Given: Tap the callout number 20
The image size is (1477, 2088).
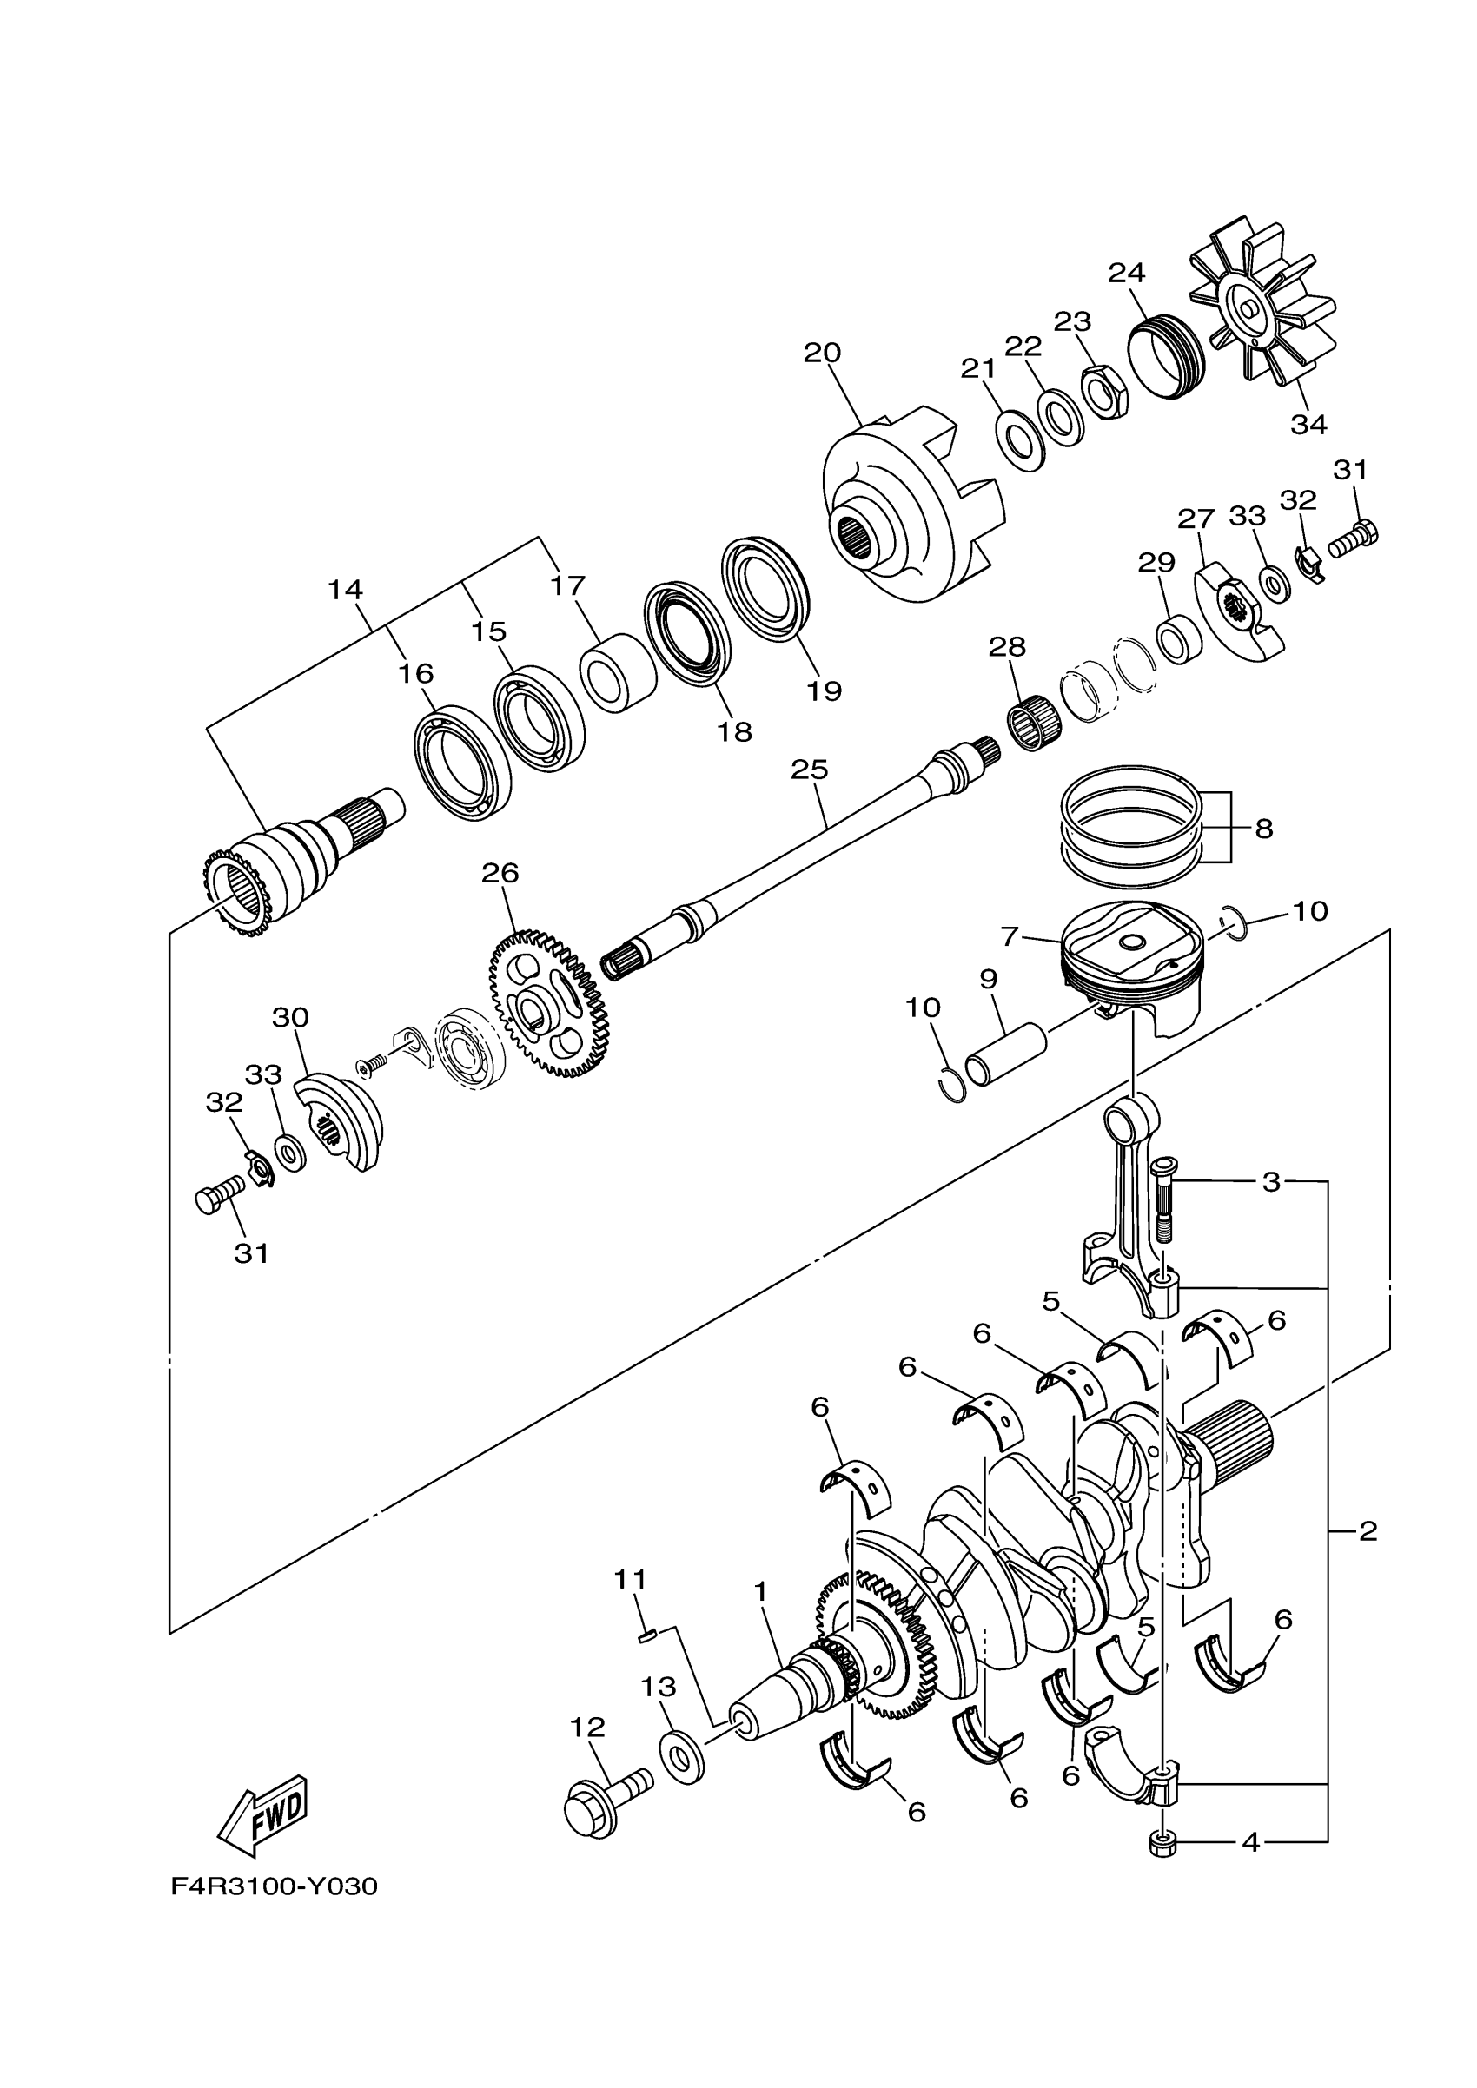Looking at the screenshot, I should tap(822, 353).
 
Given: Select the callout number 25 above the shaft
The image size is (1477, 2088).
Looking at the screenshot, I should tap(810, 770).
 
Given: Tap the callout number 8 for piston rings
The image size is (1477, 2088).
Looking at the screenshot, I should tap(1263, 829).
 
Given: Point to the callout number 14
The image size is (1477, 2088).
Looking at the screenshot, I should tap(346, 591).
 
